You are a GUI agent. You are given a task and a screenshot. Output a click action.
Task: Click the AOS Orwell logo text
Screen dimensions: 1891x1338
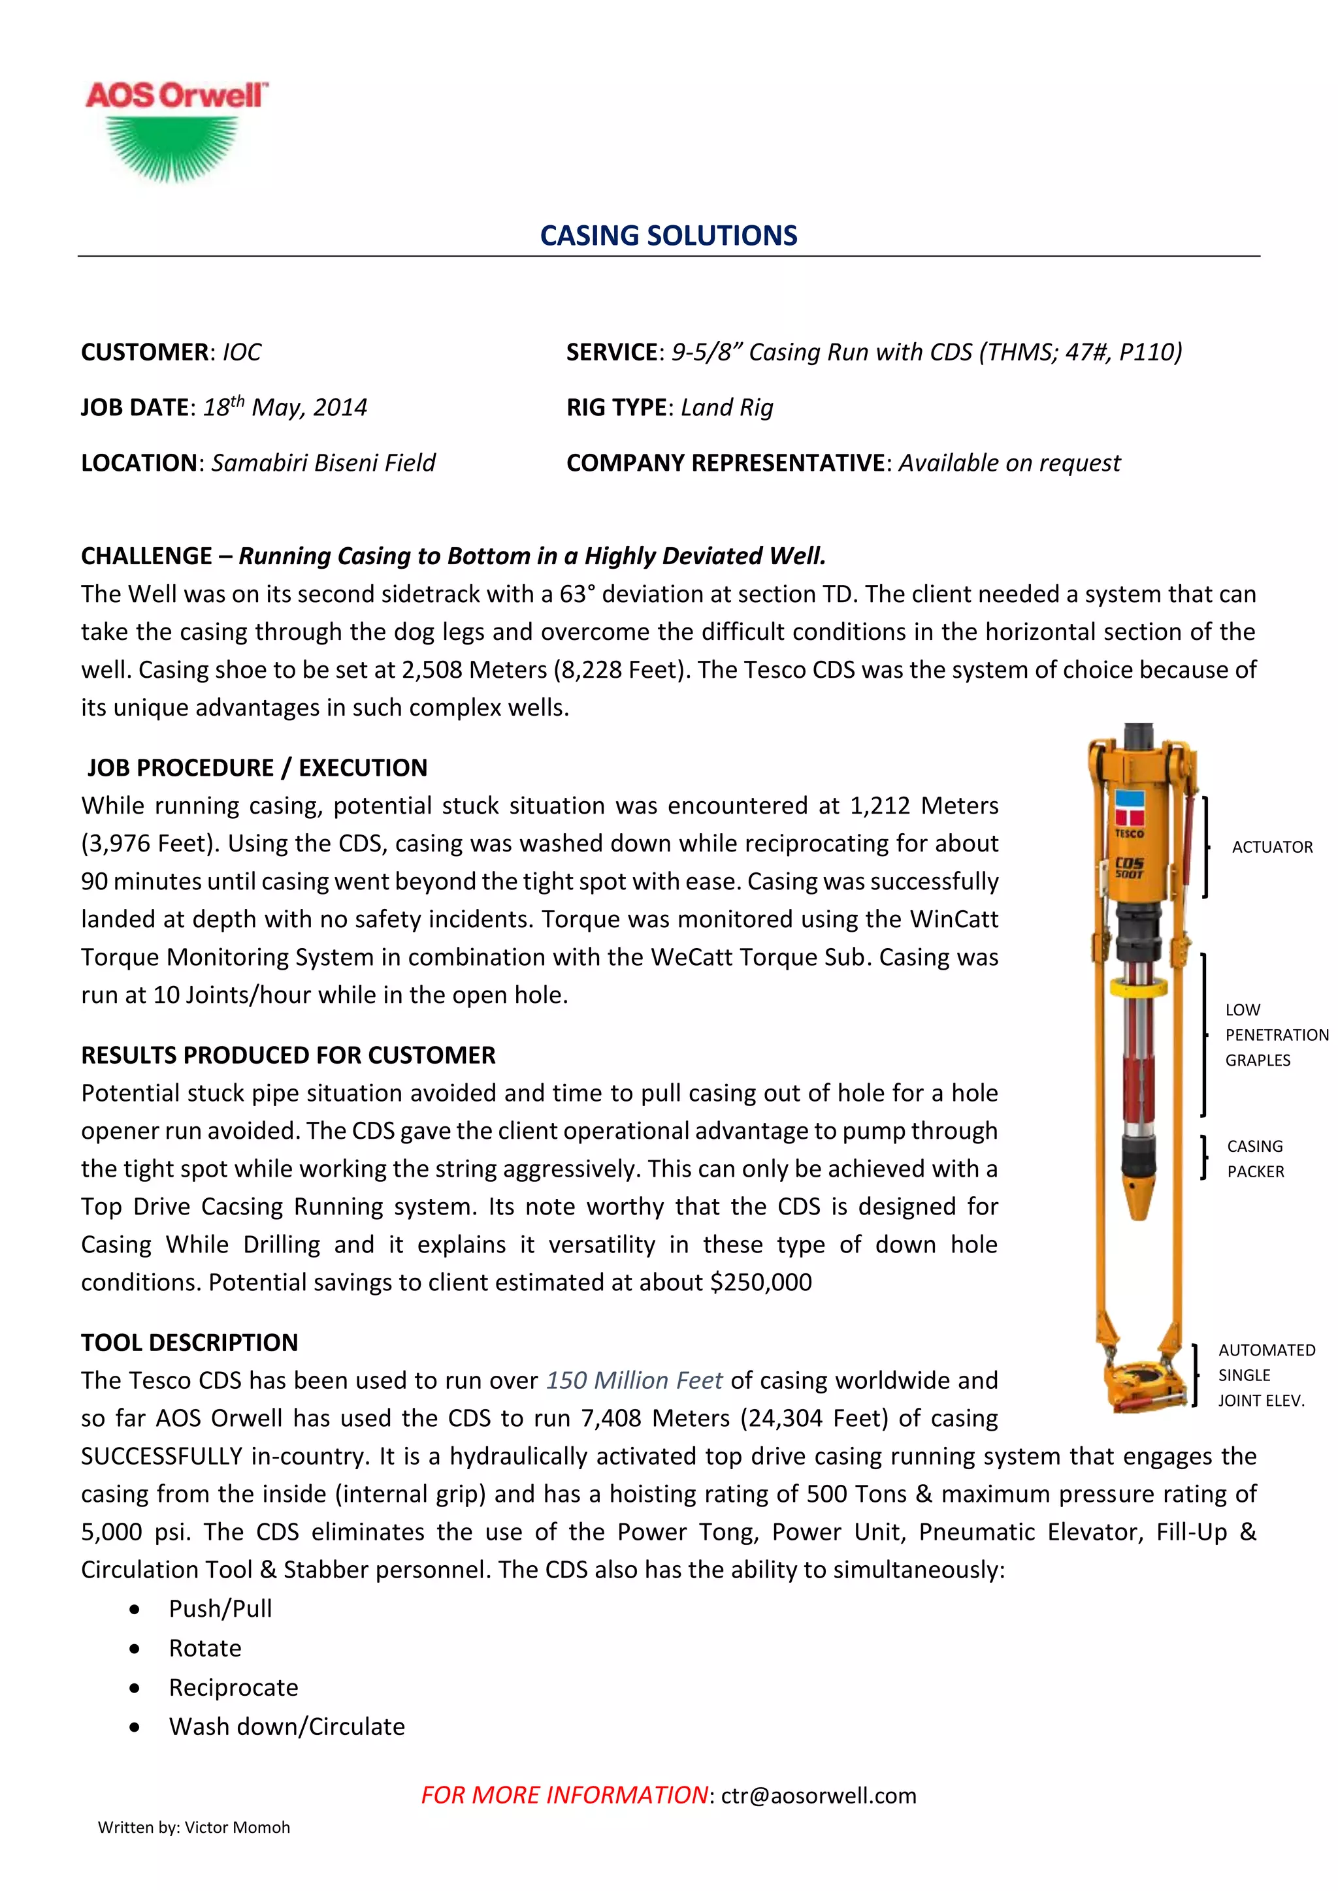pyautogui.click(x=176, y=95)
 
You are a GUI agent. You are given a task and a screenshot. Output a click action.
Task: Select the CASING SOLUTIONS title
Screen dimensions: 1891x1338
pyautogui.click(x=668, y=236)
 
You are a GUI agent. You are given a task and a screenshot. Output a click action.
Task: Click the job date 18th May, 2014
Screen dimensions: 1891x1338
pyautogui.click(x=285, y=407)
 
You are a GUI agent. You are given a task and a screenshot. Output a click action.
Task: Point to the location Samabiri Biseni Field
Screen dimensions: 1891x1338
pyautogui.click(x=323, y=463)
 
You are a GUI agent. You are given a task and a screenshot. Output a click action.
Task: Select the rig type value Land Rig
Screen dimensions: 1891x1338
pyautogui.click(x=726, y=407)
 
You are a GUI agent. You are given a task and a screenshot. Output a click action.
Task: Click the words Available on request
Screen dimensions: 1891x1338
pyautogui.click(x=1009, y=463)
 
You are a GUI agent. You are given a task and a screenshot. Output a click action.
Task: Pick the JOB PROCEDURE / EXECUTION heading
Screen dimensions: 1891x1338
pyautogui.click(x=257, y=768)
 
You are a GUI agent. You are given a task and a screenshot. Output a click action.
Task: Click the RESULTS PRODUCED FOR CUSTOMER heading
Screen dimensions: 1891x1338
pyautogui.click(x=288, y=1055)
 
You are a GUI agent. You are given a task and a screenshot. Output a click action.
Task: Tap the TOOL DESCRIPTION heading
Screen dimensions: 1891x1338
pyautogui.click(x=189, y=1343)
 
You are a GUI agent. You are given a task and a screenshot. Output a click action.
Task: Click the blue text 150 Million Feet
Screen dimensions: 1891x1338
pyautogui.click(x=634, y=1380)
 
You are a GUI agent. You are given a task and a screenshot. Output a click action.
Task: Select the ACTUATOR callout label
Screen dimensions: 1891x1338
pyautogui.click(x=1272, y=847)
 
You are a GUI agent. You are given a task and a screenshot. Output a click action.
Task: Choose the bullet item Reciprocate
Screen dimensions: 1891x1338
pyautogui.click(x=233, y=1687)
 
